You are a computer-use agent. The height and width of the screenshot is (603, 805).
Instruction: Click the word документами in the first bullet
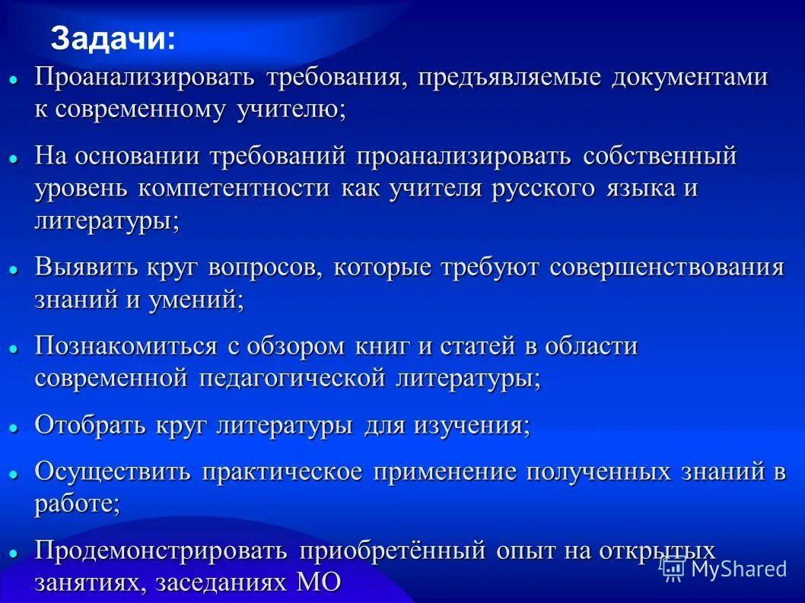tap(689, 78)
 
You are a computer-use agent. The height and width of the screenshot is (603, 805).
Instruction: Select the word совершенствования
tap(666, 268)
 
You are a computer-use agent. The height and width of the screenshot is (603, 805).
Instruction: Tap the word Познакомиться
tap(126, 347)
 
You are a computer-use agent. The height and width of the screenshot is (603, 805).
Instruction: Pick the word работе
tap(76, 503)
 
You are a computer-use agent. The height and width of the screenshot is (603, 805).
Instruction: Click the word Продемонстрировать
tap(161, 551)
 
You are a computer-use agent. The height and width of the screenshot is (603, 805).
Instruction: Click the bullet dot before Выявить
tap(13, 270)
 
